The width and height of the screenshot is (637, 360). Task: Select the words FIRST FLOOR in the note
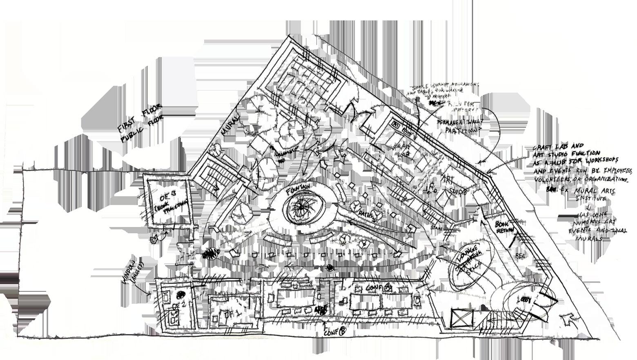pyautogui.click(x=139, y=118)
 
